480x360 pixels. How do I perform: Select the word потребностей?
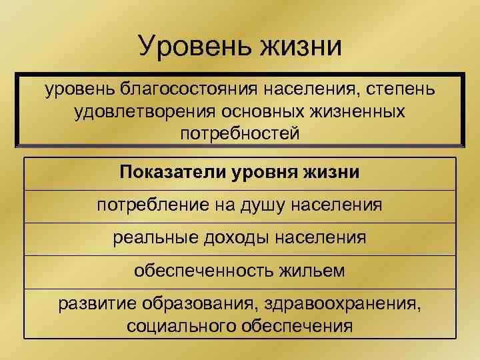(x=240, y=133)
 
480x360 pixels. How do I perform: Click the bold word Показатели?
(x=173, y=173)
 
